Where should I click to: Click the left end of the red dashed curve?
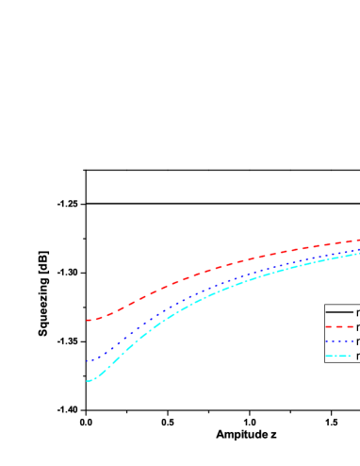tap(88, 321)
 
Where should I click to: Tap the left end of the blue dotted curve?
tap(88, 360)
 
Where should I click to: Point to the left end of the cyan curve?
tap(88, 380)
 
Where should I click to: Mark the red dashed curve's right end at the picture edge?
tap(358, 240)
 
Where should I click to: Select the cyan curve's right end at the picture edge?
tap(358, 253)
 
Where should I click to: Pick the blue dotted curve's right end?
tap(358, 249)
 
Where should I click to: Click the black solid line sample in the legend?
tap(339, 311)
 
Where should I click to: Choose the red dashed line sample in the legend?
tap(339, 326)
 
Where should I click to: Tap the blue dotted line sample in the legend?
tap(339, 341)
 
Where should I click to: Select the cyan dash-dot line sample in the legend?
tap(339, 357)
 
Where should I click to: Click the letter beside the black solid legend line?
tap(357, 311)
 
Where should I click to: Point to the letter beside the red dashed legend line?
tap(357, 326)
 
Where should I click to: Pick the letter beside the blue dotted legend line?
tap(357, 341)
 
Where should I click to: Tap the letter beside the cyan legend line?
tap(357, 357)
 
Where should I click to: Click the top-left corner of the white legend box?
tap(325, 305)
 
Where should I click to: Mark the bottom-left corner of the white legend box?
tap(325, 362)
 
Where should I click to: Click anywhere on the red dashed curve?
tap(188, 277)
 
